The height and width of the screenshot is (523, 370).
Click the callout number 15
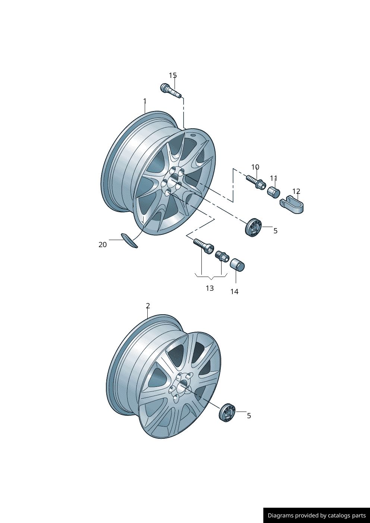tap(173, 75)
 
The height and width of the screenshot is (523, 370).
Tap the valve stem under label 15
tap(171, 91)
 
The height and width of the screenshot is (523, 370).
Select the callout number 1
tap(145, 101)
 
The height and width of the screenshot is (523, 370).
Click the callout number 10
tap(255, 167)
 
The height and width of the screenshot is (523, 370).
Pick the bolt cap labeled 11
tap(273, 192)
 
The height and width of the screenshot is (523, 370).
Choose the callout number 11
tap(273, 179)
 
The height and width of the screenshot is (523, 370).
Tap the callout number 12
tap(296, 191)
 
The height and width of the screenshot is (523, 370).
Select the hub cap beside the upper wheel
tap(253, 228)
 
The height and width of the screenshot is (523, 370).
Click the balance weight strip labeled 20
tap(129, 240)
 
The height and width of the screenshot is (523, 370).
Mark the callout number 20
tap(103, 245)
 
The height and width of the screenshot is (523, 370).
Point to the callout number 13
tap(210, 289)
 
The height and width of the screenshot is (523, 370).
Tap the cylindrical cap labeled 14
tap(237, 265)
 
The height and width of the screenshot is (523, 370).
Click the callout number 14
tap(234, 292)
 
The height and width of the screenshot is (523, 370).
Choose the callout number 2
tap(148, 306)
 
